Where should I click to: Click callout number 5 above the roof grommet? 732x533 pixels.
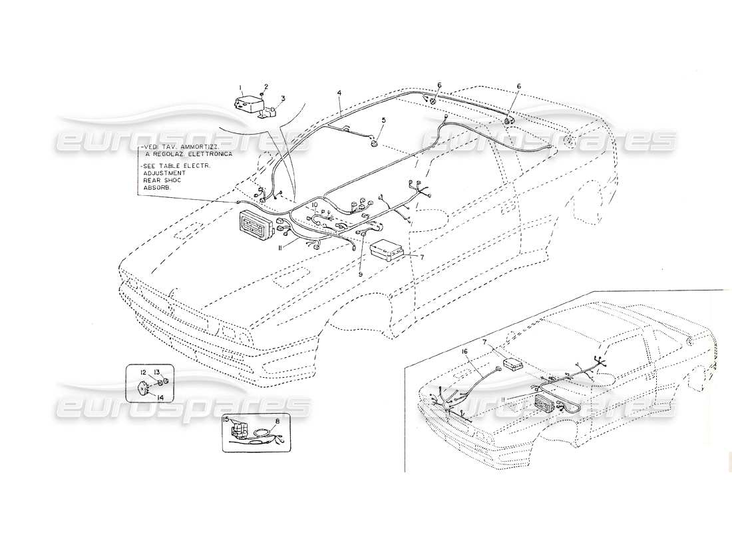383,120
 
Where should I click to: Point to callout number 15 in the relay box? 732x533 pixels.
226,419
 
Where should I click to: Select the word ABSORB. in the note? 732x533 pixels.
155,187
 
